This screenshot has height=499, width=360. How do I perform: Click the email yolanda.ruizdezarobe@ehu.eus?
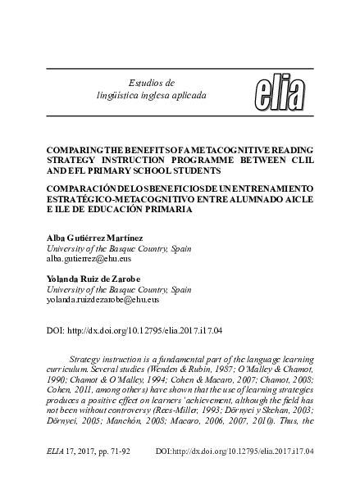(x=112, y=301)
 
